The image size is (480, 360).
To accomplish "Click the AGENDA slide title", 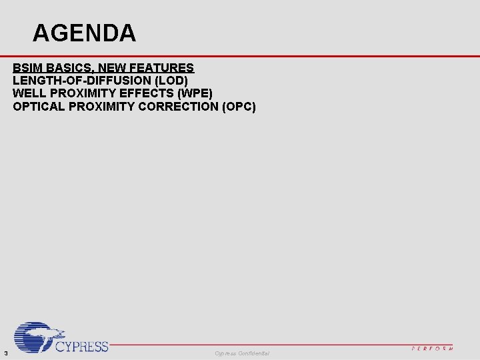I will (84, 33).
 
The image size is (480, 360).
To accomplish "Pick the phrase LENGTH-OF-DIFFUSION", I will (81, 81).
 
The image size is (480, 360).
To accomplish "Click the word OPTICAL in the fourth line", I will (38, 106).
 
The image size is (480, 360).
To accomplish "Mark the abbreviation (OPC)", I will (238, 106).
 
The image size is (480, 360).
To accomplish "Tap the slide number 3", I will (5, 353).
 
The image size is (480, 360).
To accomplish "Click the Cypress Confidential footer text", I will (242, 353).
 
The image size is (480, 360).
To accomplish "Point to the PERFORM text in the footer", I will (432, 348).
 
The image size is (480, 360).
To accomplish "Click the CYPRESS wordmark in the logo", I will (81, 346).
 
